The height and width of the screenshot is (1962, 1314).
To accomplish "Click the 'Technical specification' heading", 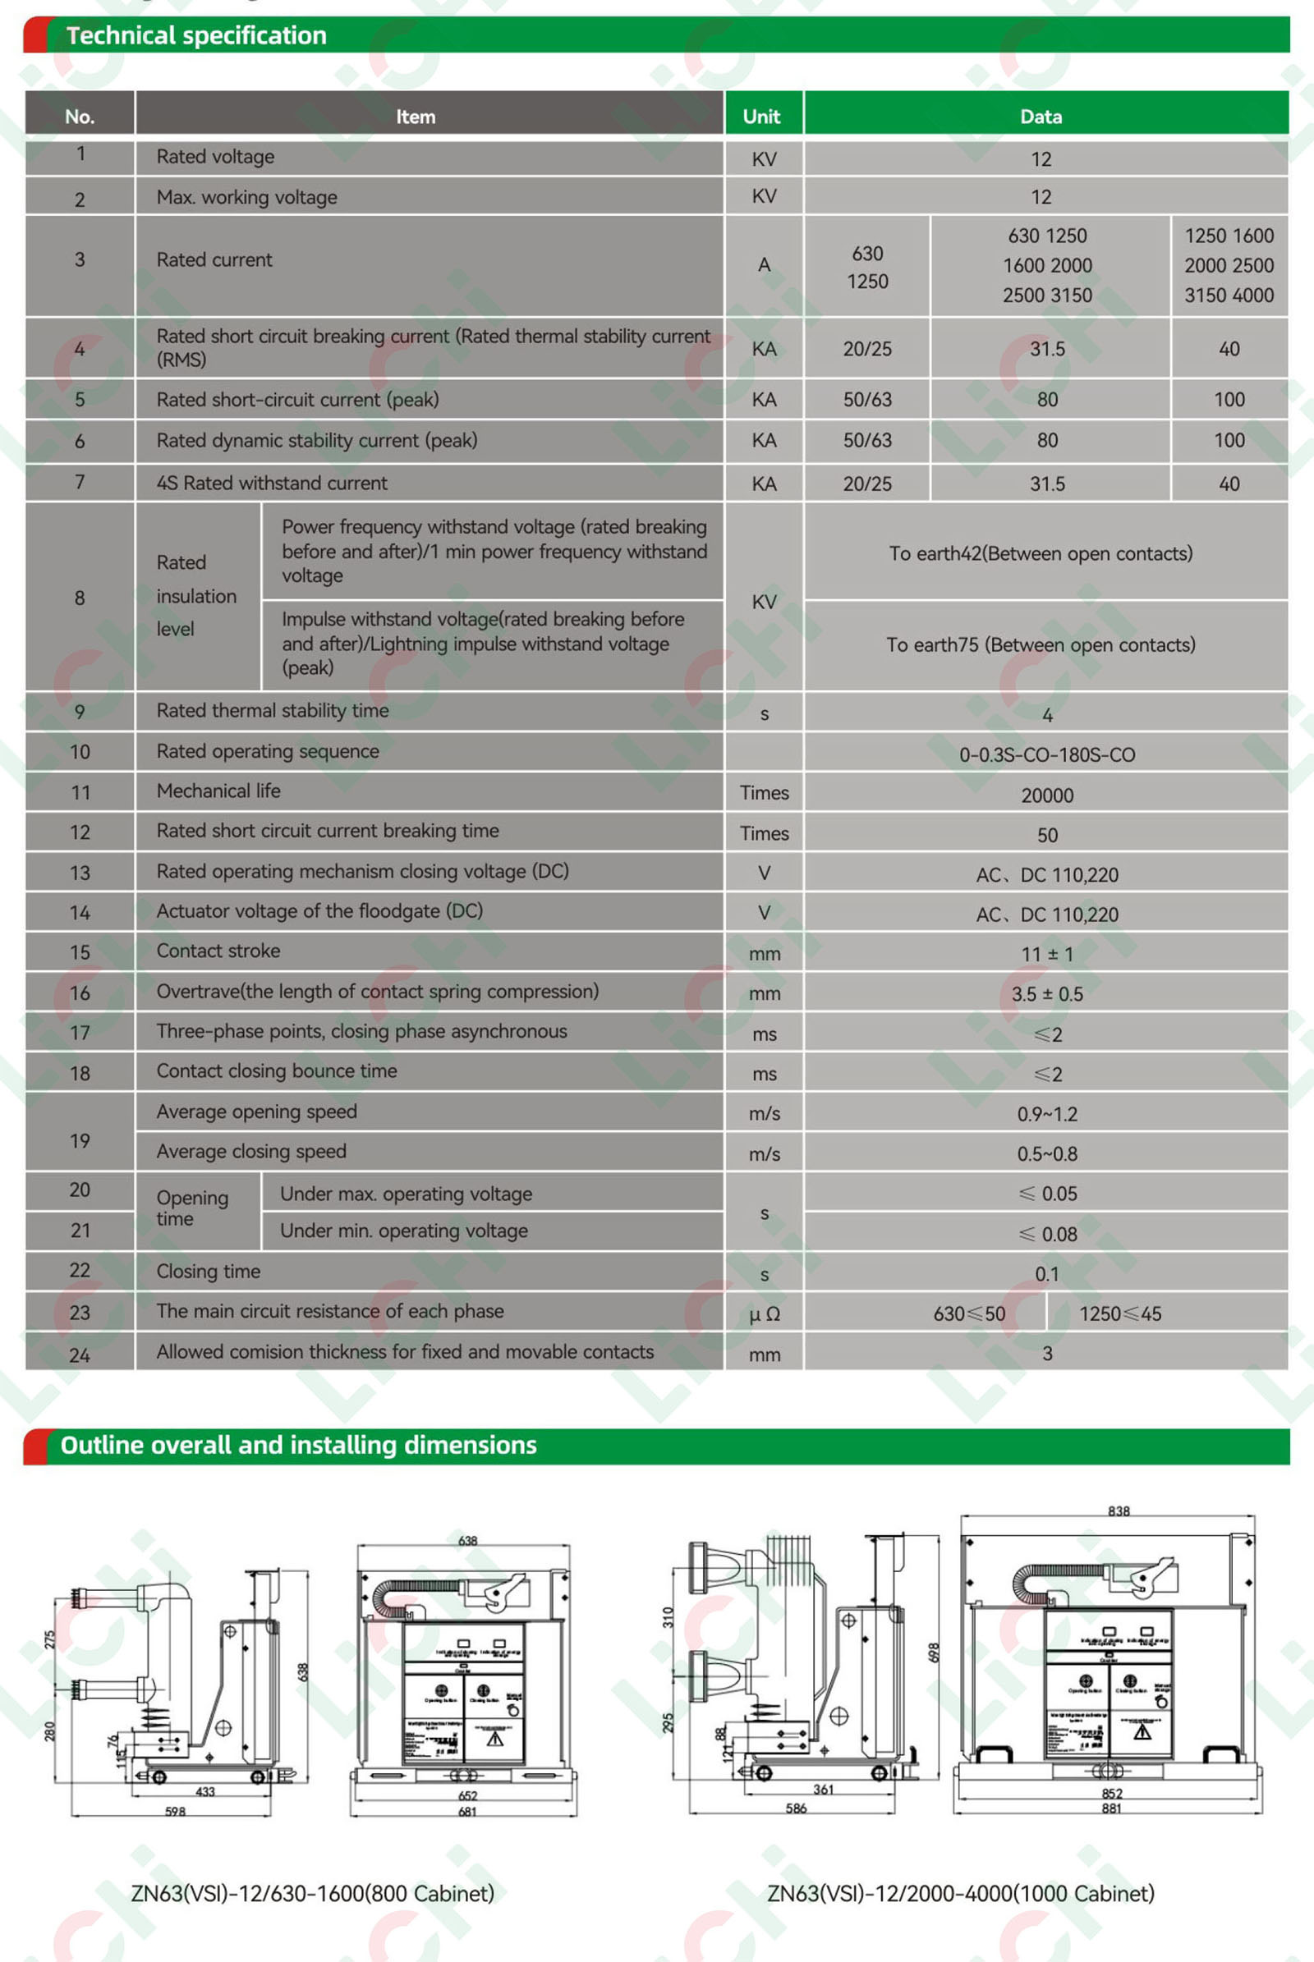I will (x=196, y=35).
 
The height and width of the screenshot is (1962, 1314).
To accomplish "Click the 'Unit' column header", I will (x=761, y=117).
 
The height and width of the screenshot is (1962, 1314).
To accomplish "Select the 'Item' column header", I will (x=415, y=117).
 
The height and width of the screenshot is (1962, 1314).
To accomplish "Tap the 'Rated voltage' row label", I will (x=215, y=157).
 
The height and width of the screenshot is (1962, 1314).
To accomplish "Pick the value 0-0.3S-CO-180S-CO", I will (x=1046, y=754).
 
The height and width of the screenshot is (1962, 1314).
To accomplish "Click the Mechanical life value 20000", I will (x=1046, y=795).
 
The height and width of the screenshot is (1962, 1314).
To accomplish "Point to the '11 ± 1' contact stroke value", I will (x=1046, y=954).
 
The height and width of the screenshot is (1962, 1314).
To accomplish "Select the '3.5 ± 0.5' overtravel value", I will (x=1046, y=994).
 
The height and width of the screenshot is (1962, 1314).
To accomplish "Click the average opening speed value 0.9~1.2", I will (x=1046, y=1114).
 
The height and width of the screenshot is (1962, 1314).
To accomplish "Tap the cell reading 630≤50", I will (x=969, y=1313).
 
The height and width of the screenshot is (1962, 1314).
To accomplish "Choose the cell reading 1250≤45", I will (x=1119, y=1313).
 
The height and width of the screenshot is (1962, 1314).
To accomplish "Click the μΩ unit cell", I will (x=765, y=1314).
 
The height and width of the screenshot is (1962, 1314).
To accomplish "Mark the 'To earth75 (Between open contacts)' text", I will (x=1041, y=645).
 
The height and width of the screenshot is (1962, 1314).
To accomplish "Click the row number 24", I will (x=80, y=1355).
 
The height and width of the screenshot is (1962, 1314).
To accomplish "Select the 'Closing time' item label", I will (x=209, y=1272).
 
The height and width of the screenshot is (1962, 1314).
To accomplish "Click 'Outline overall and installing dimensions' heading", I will (x=298, y=1445).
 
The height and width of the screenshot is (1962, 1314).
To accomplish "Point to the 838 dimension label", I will (x=1119, y=1511).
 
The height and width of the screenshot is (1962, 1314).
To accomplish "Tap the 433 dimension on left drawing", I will (x=205, y=1791).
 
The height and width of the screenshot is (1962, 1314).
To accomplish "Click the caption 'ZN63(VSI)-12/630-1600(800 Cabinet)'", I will (x=313, y=1893).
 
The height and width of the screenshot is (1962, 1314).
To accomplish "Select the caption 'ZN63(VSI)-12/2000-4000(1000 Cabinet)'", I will (x=960, y=1893).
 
